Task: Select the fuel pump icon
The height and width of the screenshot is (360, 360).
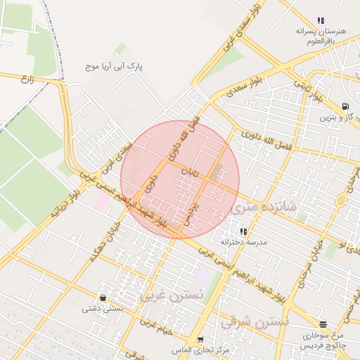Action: pyautogui.click(x=345, y=107)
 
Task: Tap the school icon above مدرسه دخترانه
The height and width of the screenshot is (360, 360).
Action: pyautogui.click(x=243, y=231)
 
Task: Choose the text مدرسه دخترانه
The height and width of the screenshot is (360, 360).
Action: pyautogui.click(x=243, y=242)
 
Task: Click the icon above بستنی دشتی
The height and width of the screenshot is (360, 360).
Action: pyautogui.click(x=103, y=297)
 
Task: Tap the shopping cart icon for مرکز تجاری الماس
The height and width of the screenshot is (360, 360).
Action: pyautogui.click(x=200, y=340)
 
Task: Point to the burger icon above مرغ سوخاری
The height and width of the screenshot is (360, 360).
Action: pyautogui.click(x=323, y=324)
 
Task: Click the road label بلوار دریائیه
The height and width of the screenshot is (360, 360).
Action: pyautogui.click(x=65, y=205)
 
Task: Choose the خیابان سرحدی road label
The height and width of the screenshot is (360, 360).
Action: pyautogui.click(x=310, y=262)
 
